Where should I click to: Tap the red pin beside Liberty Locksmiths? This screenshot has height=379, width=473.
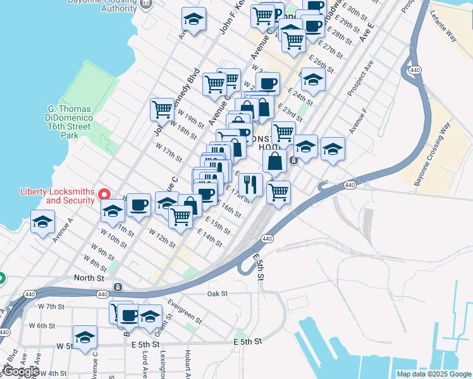[x=106, y=196]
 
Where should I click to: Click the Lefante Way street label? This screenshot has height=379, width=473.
[x=443, y=28]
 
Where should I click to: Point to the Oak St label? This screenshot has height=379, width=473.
[x=217, y=294]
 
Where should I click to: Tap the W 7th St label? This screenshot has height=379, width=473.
[x=52, y=306]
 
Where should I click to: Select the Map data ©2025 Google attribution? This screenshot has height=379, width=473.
[x=434, y=374]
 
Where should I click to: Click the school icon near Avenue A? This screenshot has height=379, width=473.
[x=43, y=222]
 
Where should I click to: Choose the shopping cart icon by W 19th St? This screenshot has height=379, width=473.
[x=162, y=109]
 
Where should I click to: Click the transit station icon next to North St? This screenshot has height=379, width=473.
[x=118, y=287]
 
